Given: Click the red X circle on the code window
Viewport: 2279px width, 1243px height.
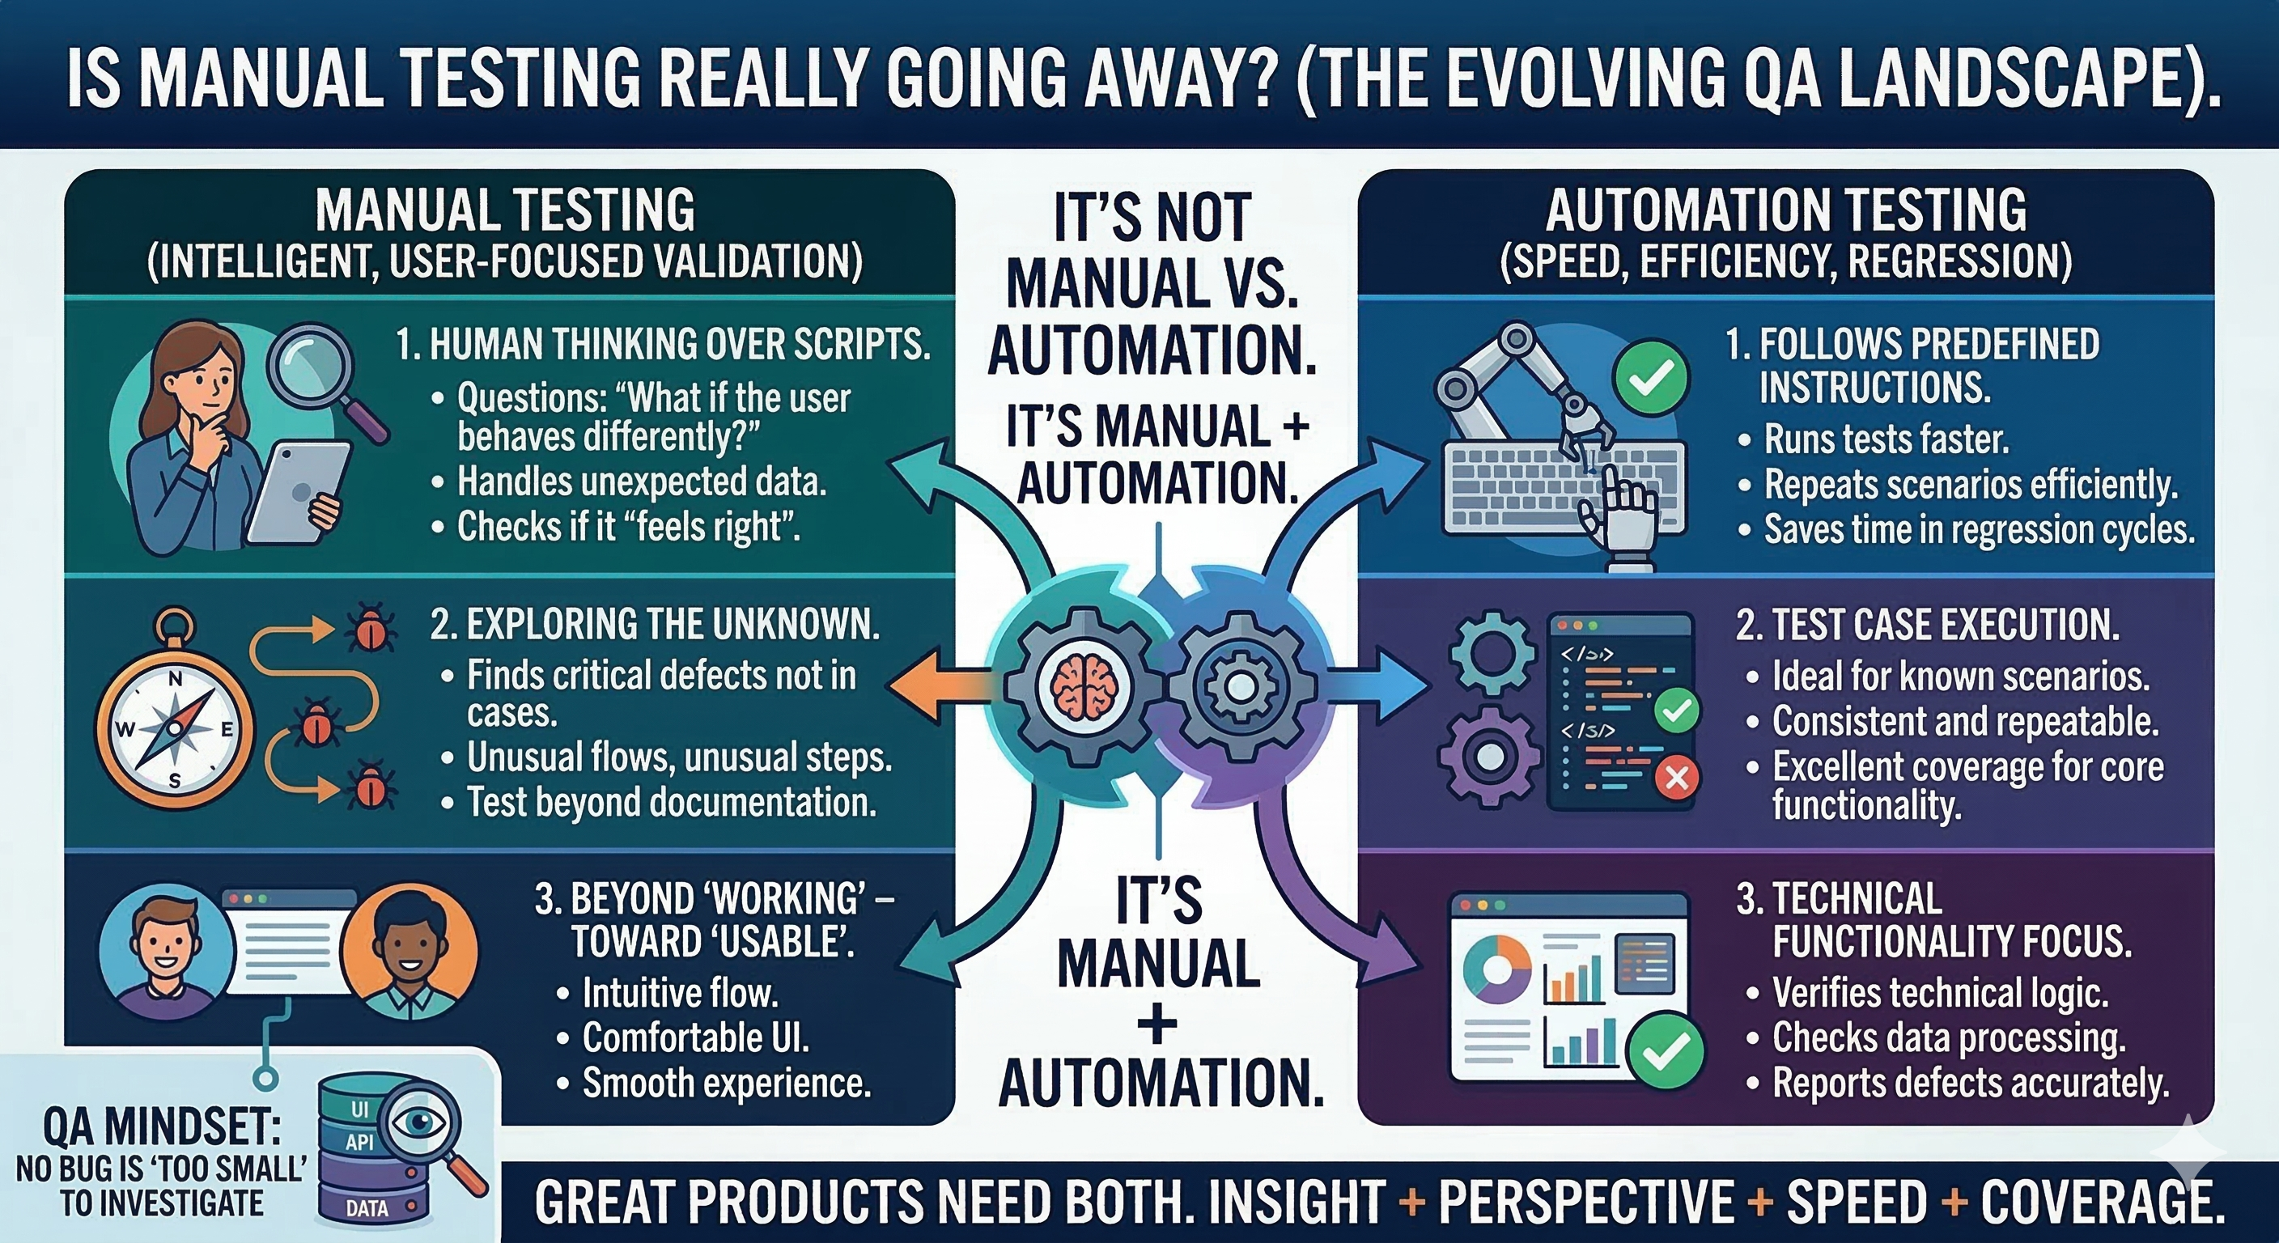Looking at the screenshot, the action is pyautogui.click(x=1675, y=778).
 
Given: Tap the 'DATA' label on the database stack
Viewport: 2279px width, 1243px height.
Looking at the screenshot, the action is pyautogui.click(x=367, y=1208).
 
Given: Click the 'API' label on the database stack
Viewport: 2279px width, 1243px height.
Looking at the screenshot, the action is pyautogui.click(x=359, y=1142).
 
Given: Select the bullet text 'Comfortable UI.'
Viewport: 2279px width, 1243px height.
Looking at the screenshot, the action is pyautogui.click(x=695, y=1037).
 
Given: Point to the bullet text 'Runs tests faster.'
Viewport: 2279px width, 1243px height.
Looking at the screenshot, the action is pyautogui.click(x=1886, y=439).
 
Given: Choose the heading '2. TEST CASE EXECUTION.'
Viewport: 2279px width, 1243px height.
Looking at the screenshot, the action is pyautogui.click(x=1928, y=625).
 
